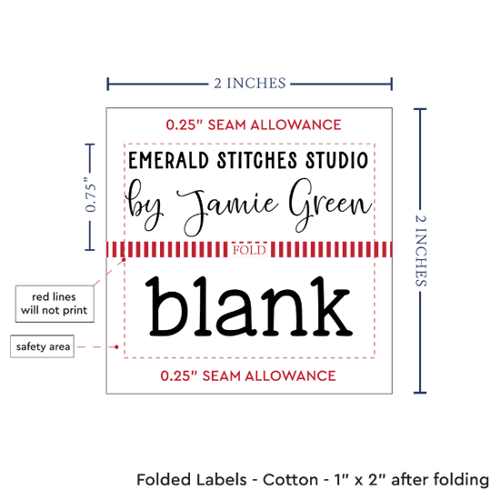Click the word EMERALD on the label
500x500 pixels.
point(168,160)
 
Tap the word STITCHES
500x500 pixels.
point(257,160)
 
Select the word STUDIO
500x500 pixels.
point(336,160)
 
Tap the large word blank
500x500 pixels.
point(249,306)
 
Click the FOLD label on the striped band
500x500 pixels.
point(249,250)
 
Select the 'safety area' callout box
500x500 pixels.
point(43,346)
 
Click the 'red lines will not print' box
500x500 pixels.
point(55,304)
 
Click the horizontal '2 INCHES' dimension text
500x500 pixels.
point(250,84)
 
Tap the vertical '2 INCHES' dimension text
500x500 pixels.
point(420,250)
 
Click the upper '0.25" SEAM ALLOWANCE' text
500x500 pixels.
point(254,125)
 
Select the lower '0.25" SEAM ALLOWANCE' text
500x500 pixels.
point(248,376)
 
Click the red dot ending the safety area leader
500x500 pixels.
point(116,346)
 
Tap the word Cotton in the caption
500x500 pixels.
point(290,480)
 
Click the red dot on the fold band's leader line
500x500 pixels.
point(124,260)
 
